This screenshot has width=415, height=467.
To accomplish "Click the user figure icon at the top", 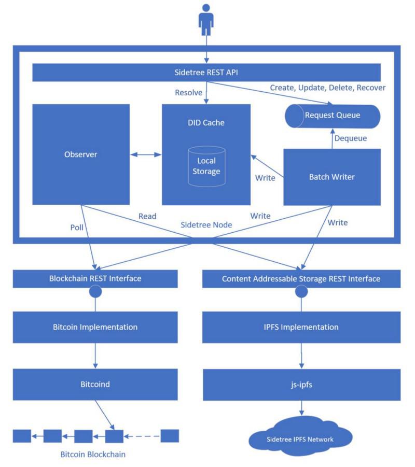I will tap(206, 20).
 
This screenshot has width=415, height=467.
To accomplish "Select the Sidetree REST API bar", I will tap(206, 72).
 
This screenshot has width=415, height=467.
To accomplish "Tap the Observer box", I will tap(81, 154).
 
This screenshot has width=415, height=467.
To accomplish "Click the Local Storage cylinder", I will tap(206, 166).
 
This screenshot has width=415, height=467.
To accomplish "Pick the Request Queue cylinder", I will tap(332, 115).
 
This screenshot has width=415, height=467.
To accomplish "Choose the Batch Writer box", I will tap(332, 177).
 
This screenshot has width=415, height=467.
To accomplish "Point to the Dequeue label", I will tap(351, 138).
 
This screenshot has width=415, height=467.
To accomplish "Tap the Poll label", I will tap(77, 227).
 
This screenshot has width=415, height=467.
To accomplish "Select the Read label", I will tap(147, 216).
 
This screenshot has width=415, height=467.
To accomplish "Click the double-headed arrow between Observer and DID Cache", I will tap(146, 154).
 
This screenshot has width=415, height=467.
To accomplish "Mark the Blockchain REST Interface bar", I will tap(95, 279).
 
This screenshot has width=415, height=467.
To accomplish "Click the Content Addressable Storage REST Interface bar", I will tap(301, 279).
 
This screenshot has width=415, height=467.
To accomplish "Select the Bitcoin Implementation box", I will tap(95, 327).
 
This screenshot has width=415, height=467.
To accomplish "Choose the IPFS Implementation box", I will tap(301, 327).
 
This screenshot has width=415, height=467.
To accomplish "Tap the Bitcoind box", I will tap(95, 385).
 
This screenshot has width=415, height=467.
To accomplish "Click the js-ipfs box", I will tap(301, 385).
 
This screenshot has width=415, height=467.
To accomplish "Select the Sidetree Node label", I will tap(206, 225).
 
